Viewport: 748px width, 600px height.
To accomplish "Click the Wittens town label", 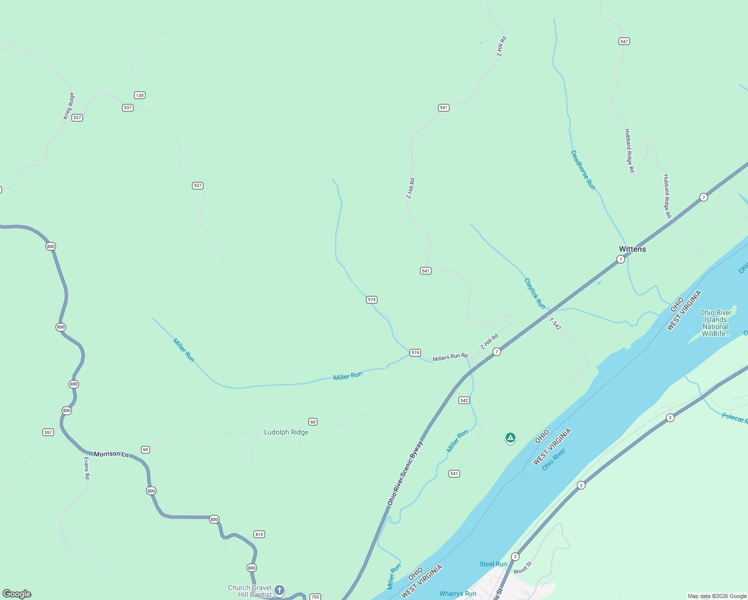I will point(632,249).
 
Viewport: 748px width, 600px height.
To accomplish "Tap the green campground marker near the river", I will point(510,438).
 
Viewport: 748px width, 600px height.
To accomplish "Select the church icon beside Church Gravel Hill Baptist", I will point(279,590).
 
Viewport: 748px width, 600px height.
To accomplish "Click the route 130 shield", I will point(139,95).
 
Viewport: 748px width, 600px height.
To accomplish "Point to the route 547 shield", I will point(624,41).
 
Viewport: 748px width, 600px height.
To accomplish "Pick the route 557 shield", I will point(48,432).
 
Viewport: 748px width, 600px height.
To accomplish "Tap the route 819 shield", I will point(259,534).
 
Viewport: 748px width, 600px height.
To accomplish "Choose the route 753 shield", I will point(315,596).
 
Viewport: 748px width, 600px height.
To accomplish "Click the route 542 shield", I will point(464,400).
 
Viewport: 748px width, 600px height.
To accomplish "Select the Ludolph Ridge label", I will point(286,432).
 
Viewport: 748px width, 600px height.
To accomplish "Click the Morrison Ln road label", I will point(111,454).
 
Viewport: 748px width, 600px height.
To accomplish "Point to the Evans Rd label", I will point(86,468).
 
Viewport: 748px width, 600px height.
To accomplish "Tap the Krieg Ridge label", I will point(68,106).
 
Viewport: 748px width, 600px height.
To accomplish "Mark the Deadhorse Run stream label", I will point(583,170).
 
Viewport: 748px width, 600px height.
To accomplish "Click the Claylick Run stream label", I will point(534,293).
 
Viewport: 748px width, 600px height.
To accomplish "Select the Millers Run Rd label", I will point(450,357).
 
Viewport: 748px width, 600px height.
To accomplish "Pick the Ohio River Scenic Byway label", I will point(405,472).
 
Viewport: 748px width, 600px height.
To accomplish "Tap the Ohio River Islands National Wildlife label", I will point(715,323).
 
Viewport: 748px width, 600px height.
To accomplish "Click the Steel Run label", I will point(493,564).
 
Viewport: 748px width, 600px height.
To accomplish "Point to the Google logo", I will point(17,594).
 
